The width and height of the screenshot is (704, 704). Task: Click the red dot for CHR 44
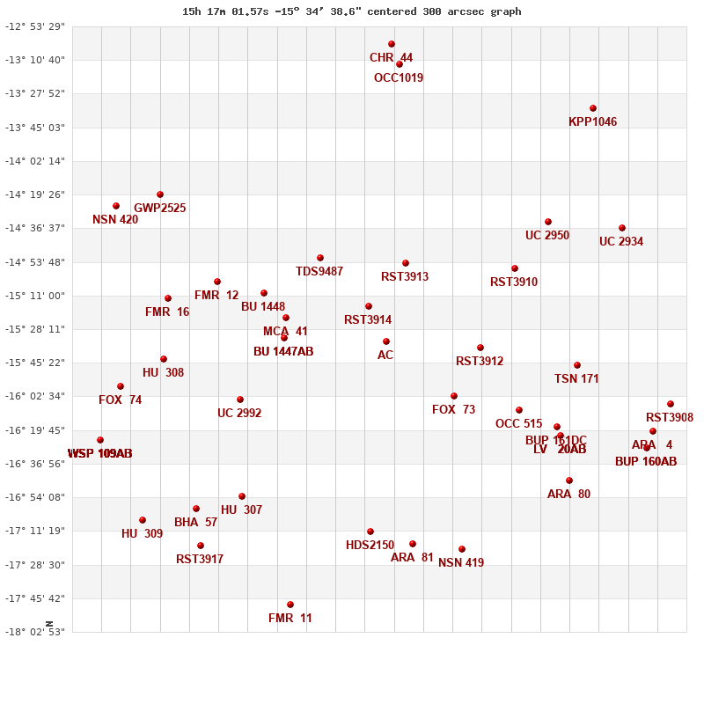pos(392,44)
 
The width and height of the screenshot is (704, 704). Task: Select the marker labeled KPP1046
pos(593,108)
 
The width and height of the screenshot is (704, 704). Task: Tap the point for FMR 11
pos(290,605)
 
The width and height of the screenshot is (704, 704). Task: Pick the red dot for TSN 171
pos(577,365)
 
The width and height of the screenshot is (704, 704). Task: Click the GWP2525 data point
pos(160,194)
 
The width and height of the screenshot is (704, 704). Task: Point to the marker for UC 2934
pos(622,228)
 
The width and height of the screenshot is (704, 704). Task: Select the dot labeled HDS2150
pos(370,532)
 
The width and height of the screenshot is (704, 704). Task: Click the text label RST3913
pos(405,276)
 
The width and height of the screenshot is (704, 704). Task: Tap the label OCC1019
pos(399,77)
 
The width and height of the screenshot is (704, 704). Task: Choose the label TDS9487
pos(319,271)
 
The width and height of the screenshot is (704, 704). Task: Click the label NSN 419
pos(461,562)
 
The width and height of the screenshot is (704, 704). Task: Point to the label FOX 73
pos(453,409)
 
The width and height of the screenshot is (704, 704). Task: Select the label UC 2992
pos(239,413)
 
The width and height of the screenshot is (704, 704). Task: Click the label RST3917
pos(200,559)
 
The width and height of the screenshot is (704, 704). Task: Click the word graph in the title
pos(506,11)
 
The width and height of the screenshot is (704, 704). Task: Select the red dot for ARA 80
pos(569,480)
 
